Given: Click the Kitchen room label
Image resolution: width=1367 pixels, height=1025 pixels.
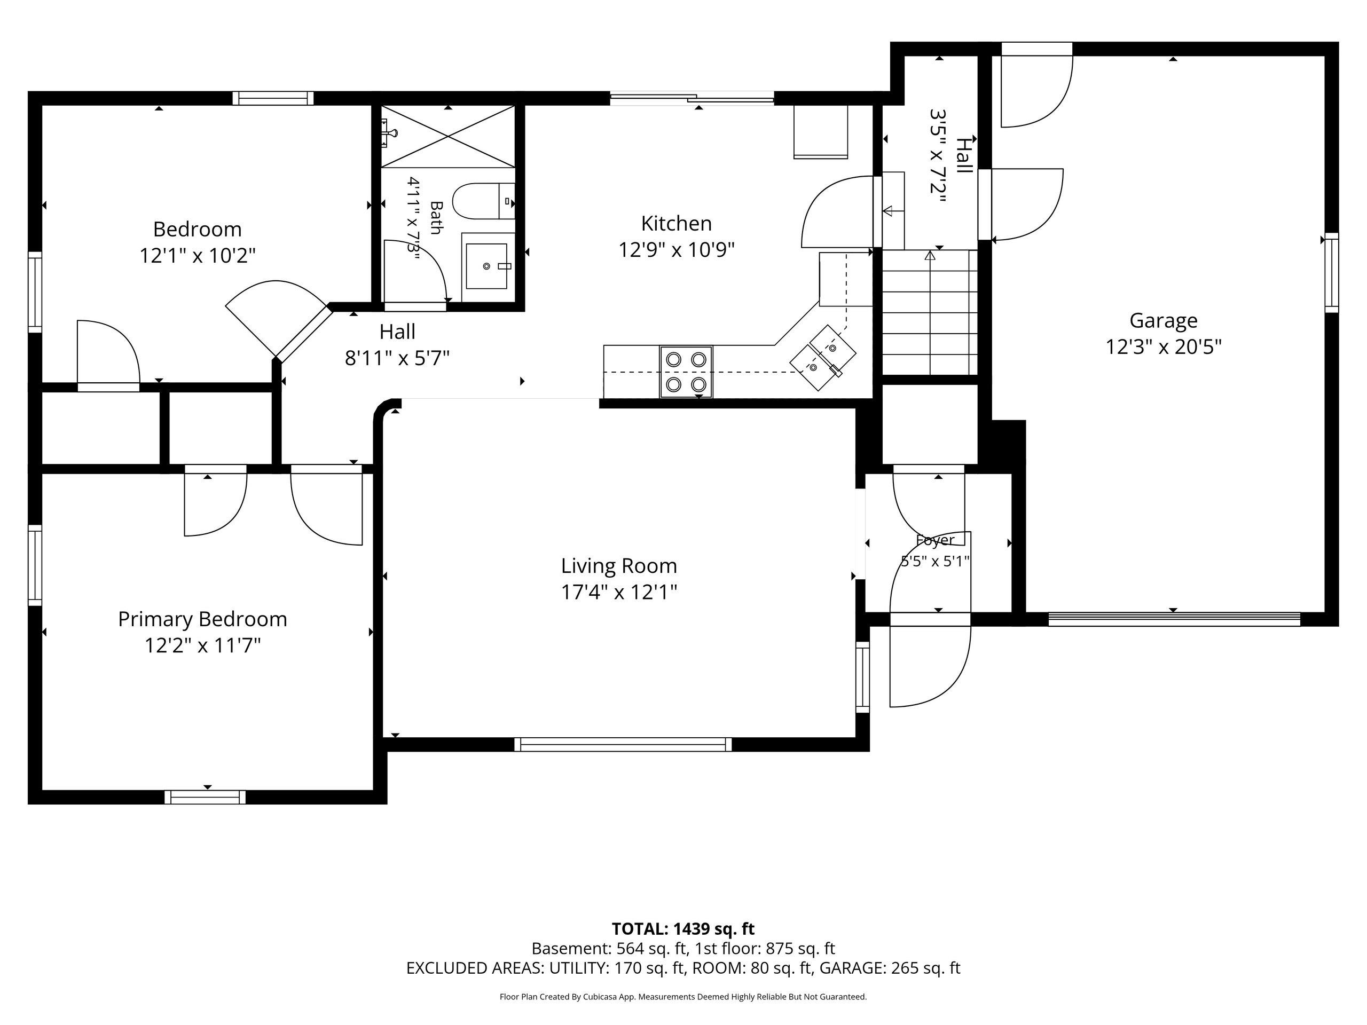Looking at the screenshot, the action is click(676, 223).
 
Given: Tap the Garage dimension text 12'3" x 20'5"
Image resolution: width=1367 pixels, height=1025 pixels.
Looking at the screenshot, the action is click(1164, 346).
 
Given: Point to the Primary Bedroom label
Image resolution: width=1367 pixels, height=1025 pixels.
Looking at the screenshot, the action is click(203, 620).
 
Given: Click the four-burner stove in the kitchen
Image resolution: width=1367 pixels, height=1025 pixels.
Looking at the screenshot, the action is click(686, 372).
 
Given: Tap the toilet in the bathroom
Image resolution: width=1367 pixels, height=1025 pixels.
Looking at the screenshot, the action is click(484, 201).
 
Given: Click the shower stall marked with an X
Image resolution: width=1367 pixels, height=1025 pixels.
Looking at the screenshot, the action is click(448, 136).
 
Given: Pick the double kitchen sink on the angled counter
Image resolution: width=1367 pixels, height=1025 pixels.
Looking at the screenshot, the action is click(823, 358).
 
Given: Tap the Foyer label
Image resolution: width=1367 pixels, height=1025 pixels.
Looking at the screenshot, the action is click(935, 540).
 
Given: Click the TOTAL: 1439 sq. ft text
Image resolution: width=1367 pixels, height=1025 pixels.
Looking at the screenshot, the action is click(683, 928).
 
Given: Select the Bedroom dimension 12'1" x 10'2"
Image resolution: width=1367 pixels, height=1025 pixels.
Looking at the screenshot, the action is click(198, 255).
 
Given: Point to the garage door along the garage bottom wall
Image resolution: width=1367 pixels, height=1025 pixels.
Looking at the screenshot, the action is click(1175, 619).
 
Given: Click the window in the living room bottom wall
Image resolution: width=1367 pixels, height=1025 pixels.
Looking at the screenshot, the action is click(623, 745).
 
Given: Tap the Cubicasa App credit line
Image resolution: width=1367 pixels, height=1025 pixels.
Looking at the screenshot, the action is click(683, 997).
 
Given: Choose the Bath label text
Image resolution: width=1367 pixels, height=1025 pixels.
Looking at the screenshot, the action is click(436, 217).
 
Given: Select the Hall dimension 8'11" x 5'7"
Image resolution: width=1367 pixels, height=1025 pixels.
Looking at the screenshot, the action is click(397, 358).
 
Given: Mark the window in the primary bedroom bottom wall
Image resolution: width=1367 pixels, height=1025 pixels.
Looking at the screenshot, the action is click(205, 797).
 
